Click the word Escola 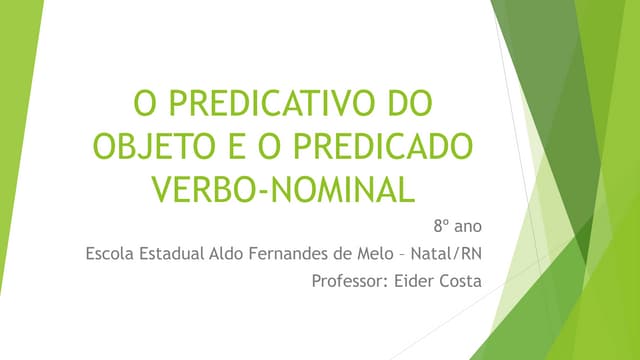coord(112,253)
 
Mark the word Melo coord(373,253)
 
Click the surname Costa coord(461,280)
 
